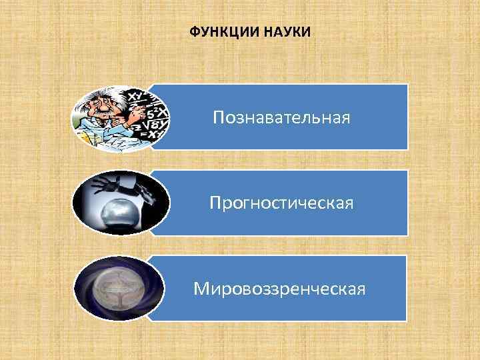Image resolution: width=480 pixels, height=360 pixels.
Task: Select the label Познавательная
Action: click(281, 118)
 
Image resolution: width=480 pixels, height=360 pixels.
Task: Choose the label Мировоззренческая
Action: click(279, 289)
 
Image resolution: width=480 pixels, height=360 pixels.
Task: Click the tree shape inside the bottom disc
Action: click(119, 291)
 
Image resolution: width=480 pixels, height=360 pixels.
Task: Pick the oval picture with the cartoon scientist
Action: click(120, 119)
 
